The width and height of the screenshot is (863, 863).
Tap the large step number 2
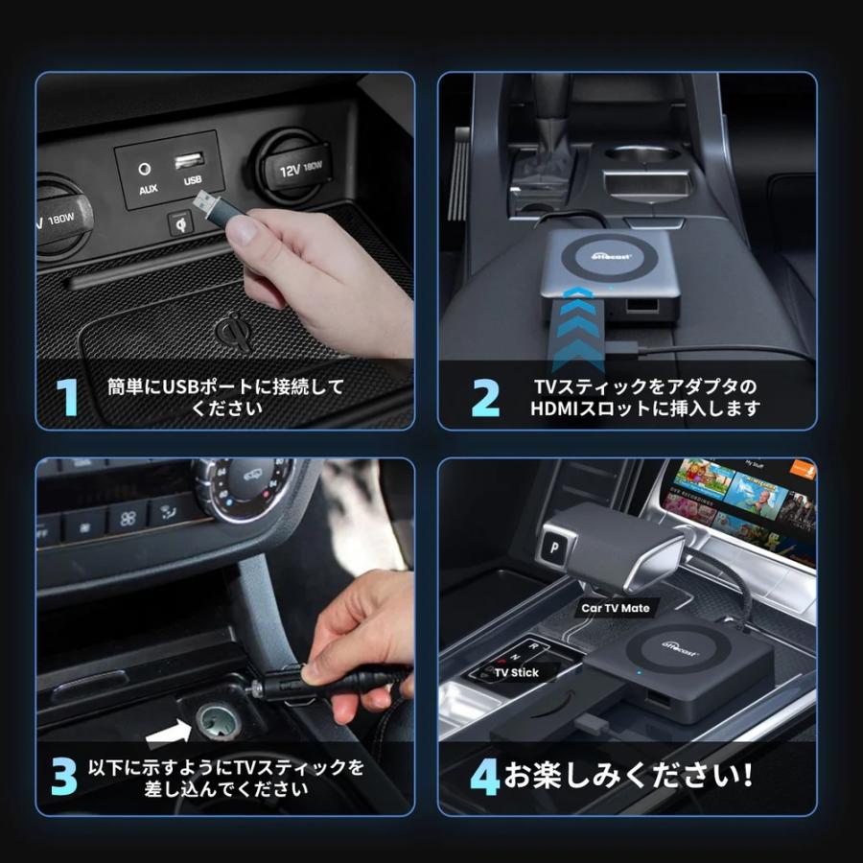coord(486,398)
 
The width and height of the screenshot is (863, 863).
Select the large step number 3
coord(63,778)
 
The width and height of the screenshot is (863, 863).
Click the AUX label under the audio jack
coord(148,189)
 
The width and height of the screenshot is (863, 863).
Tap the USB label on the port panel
coord(193,179)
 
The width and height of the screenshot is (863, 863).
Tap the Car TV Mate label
coord(615,608)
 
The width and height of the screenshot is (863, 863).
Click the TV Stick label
coord(516,673)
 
